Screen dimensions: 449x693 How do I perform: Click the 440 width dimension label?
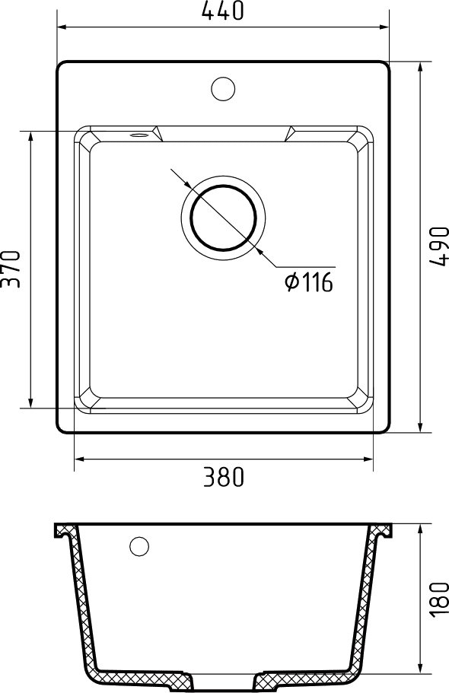(x=222, y=11)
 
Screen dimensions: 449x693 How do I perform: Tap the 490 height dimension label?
(x=439, y=246)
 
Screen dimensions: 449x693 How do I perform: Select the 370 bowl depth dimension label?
(x=11, y=269)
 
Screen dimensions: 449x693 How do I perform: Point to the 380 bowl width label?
(x=224, y=477)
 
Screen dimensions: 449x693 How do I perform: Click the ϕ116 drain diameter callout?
(x=309, y=282)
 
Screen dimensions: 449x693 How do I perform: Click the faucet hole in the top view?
(x=223, y=88)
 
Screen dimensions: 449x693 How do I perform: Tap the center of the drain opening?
(x=223, y=217)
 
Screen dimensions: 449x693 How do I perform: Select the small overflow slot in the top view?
(x=139, y=135)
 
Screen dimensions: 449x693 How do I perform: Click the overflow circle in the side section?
(x=139, y=546)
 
